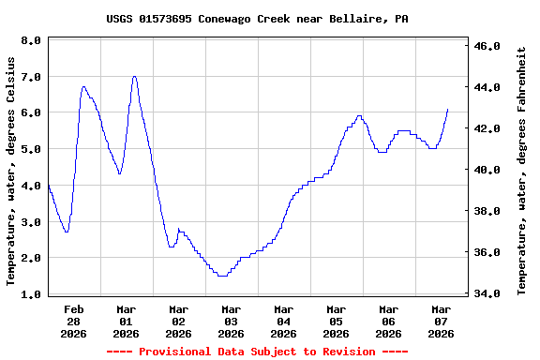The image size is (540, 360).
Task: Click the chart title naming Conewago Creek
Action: (257, 19)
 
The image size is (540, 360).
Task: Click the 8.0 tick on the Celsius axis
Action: (31, 41)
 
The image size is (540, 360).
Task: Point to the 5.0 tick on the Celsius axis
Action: (31, 149)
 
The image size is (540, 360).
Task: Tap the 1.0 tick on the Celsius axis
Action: (31, 294)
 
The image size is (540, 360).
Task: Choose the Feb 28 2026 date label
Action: (74, 321)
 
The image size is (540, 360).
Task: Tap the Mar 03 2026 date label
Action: (231, 321)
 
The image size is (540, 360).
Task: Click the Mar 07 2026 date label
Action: (441, 321)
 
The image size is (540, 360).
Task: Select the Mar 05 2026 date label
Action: (336, 321)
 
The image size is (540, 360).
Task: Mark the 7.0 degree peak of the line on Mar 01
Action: (135, 77)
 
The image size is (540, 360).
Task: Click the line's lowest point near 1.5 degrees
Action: (222, 276)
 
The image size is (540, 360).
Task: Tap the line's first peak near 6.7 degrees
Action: (84, 87)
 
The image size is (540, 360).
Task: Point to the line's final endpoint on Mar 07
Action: (448, 110)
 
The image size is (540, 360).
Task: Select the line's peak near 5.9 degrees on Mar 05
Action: (359, 116)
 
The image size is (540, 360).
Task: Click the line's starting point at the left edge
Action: (48, 186)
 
